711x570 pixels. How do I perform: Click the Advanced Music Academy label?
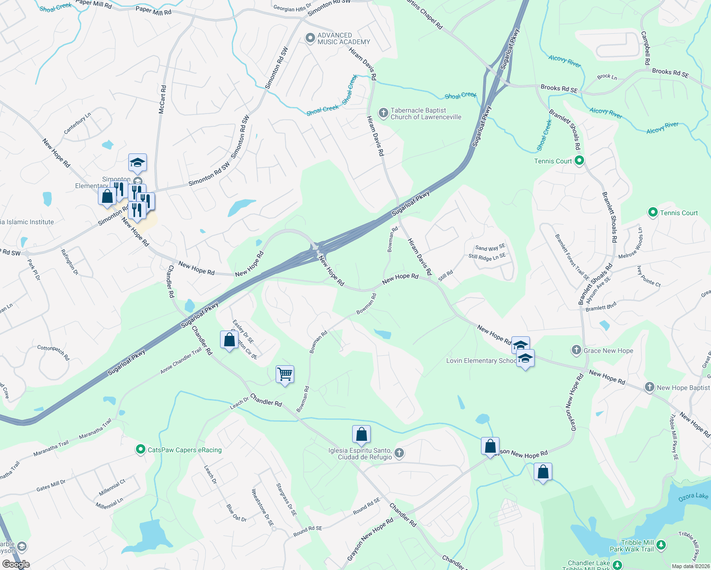(x=344, y=38)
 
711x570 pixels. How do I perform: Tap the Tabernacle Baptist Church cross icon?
(x=384, y=113)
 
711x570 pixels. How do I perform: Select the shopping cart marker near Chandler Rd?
(x=285, y=374)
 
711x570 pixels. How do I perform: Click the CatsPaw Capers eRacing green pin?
(x=140, y=449)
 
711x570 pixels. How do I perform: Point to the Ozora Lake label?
(x=693, y=496)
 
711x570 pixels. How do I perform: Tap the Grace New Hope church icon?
(x=576, y=351)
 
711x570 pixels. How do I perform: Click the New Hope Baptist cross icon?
(x=650, y=387)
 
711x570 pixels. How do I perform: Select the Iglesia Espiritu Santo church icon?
(x=399, y=453)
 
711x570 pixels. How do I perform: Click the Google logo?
(x=16, y=564)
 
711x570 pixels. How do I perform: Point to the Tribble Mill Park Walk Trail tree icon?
(x=661, y=545)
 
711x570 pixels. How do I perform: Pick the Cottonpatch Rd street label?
(x=53, y=352)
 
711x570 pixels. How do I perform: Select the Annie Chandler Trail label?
(x=181, y=361)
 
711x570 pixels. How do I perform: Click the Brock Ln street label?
(x=607, y=76)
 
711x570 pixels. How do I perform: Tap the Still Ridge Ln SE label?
(x=487, y=256)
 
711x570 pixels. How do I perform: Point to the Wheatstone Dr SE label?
(x=262, y=507)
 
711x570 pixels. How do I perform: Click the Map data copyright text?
(x=690, y=566)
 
